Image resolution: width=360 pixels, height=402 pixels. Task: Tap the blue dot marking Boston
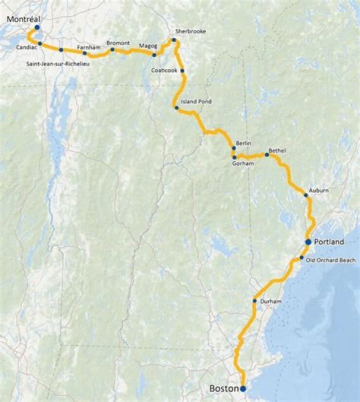(243, 388)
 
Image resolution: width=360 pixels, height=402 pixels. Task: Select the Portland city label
(329, 242)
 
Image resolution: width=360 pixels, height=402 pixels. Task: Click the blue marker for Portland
(308, 242)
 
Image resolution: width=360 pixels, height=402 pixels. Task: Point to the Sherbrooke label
(190, 31)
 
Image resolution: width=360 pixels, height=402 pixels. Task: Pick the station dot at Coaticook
(182, 71)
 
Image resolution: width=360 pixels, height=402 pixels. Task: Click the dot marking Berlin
(233, 148)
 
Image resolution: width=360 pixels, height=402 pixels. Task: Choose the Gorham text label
(243, 163)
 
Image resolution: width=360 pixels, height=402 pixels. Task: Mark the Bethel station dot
(267, 155)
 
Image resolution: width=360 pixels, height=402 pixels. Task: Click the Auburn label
(318, 190)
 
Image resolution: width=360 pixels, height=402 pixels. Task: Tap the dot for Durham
(254, 301)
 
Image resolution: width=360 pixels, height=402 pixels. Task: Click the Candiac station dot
(40, 43)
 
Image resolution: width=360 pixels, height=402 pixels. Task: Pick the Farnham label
(86, 47)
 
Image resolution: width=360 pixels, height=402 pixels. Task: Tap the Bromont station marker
(112, 49)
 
